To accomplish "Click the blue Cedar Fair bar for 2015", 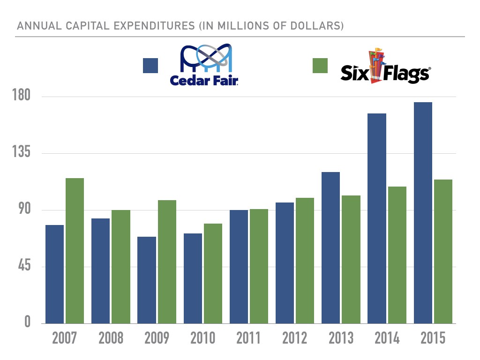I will [x=423, y=213].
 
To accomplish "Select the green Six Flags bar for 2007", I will [x=75, y=251].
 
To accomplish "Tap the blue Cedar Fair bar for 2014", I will [x=377, y=218].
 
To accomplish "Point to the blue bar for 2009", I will [x=146, y=280].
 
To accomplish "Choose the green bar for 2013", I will [x=351, y=259].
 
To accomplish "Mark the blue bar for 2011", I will [x=239, y=267].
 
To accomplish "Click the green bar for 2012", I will [x=305, y=261].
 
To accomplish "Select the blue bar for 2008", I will [x=100, y=271].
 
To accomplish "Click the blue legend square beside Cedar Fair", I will [x=150, y=66].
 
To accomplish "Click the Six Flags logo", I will [x=384, y=68].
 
